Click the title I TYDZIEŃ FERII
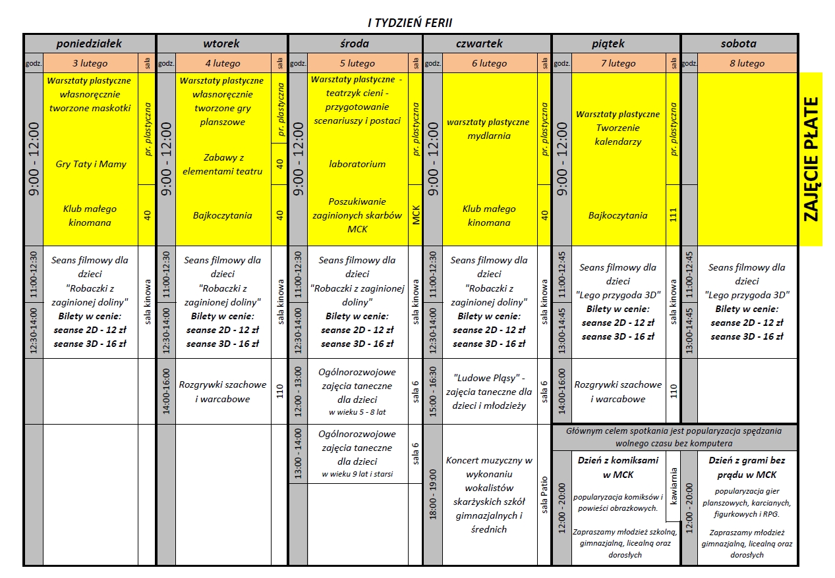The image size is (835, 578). click(410, 23)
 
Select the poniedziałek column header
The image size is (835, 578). click(90, 43)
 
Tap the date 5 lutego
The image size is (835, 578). click(357, 63)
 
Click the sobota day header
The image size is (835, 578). click(738, 43)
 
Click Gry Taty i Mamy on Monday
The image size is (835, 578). click(91, 164)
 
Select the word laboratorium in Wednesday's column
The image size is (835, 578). click(357, 164)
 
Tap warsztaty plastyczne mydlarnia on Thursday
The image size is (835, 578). click(488, 129)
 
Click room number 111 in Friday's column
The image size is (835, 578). click(673, 215)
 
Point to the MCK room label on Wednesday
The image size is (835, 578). click(415, 215)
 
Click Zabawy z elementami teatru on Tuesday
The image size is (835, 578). click(223, 165)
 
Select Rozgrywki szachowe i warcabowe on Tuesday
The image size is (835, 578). click(223, 392)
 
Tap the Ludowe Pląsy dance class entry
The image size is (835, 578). click(488, 392)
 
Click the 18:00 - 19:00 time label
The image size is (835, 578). click(432, 494)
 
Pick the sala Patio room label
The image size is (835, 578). click(544, 494)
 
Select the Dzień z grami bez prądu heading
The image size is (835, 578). click(747, 467)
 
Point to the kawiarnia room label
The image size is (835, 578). click(673, 486)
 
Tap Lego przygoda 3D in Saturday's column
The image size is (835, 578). click(747, 295)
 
